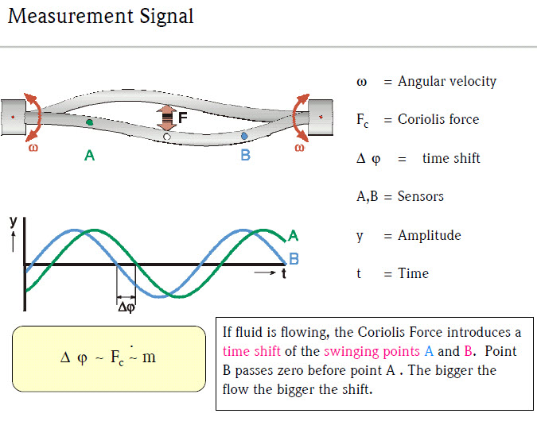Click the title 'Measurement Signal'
click(100, 16)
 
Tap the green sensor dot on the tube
click(89, 122)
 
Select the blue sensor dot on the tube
click(244, 137)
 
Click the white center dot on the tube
click(167, 137)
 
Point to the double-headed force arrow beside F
click(167, 118)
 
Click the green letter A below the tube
click(89, 156)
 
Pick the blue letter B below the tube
click(245, 156)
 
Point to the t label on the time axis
click(282, 275)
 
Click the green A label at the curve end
click(293, 235)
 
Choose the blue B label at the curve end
click(294, 258)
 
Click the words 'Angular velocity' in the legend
click(447, 81)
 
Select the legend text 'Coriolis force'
click(438, 119)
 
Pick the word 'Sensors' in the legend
click(420, 196)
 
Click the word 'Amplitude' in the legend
click(430, 235)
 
